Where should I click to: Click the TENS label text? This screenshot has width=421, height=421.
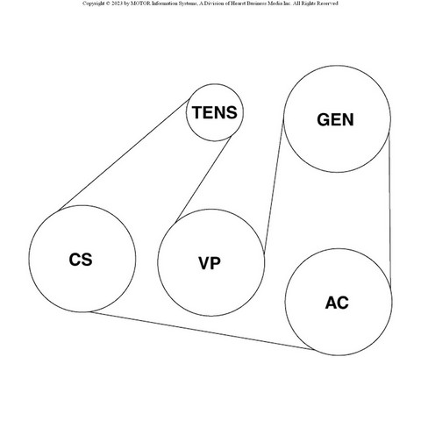pos(215,112)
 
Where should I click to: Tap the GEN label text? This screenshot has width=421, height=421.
pos(335,119)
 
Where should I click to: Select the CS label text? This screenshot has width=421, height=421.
pos(81,260)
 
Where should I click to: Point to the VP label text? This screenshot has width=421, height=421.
pos(210,263)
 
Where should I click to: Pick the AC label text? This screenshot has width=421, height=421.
pos(337,303)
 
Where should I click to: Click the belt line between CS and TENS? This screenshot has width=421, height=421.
pos(124,155)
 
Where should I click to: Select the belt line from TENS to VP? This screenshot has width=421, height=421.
pos(203,179)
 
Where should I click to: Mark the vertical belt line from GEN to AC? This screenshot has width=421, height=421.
pos(389,210)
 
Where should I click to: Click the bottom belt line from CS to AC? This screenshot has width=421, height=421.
pos(202,331)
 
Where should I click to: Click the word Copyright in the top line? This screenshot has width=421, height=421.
pos(92,4)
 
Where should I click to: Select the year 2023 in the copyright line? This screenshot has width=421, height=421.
pos(117,4)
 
